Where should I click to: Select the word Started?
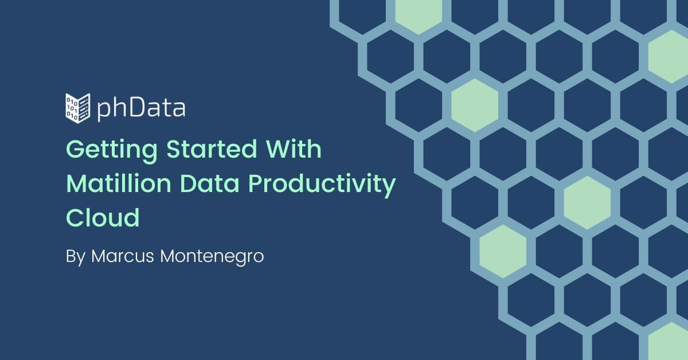click(212, 149)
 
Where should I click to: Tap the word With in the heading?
click(294, 149)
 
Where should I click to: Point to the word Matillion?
click(119, 183)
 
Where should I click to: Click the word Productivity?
click(322, 186)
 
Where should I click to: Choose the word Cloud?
click(103, 218)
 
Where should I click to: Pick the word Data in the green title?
click(209, 183)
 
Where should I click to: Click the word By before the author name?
click(76, 257)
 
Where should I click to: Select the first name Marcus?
click(123, 256)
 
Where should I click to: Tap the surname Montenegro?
click(212, 257)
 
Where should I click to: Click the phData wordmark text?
click(141, 108)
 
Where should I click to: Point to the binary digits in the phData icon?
click(72, 108)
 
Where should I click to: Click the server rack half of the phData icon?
click(84, 108)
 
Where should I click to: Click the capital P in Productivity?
click(255, 183)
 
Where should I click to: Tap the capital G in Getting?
click(76, 149)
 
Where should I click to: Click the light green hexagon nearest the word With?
click(475, 105)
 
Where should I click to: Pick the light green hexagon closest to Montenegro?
click(503, 252)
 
